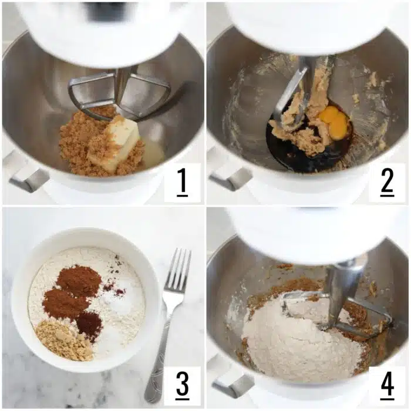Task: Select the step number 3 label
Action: (182, 386)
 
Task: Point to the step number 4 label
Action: (387, 386)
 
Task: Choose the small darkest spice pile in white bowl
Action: (89, 322)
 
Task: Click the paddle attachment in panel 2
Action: (294, 94)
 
